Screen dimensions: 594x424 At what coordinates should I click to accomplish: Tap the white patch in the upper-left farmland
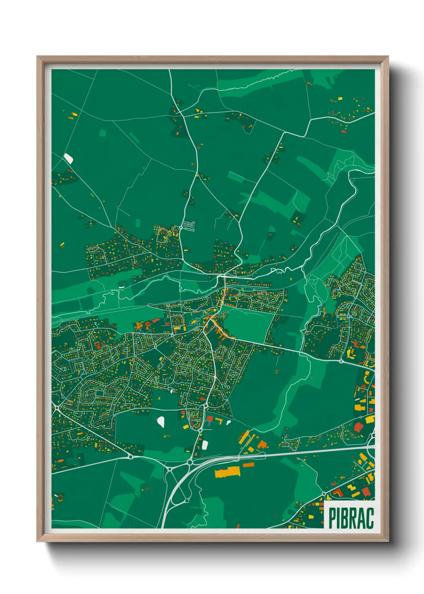[x=69, y=159]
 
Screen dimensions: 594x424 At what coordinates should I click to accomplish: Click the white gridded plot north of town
[x=190, y=225]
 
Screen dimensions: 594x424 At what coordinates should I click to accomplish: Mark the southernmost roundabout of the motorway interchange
[x=186, y=500]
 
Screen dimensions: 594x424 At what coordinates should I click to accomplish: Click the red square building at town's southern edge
[x=210, y=419]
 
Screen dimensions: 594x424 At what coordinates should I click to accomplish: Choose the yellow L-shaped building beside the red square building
[x=220, y=421]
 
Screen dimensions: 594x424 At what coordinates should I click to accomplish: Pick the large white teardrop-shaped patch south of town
[x=161, y=421]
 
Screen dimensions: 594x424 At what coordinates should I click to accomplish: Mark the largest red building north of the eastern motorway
[x=358, y=427]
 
